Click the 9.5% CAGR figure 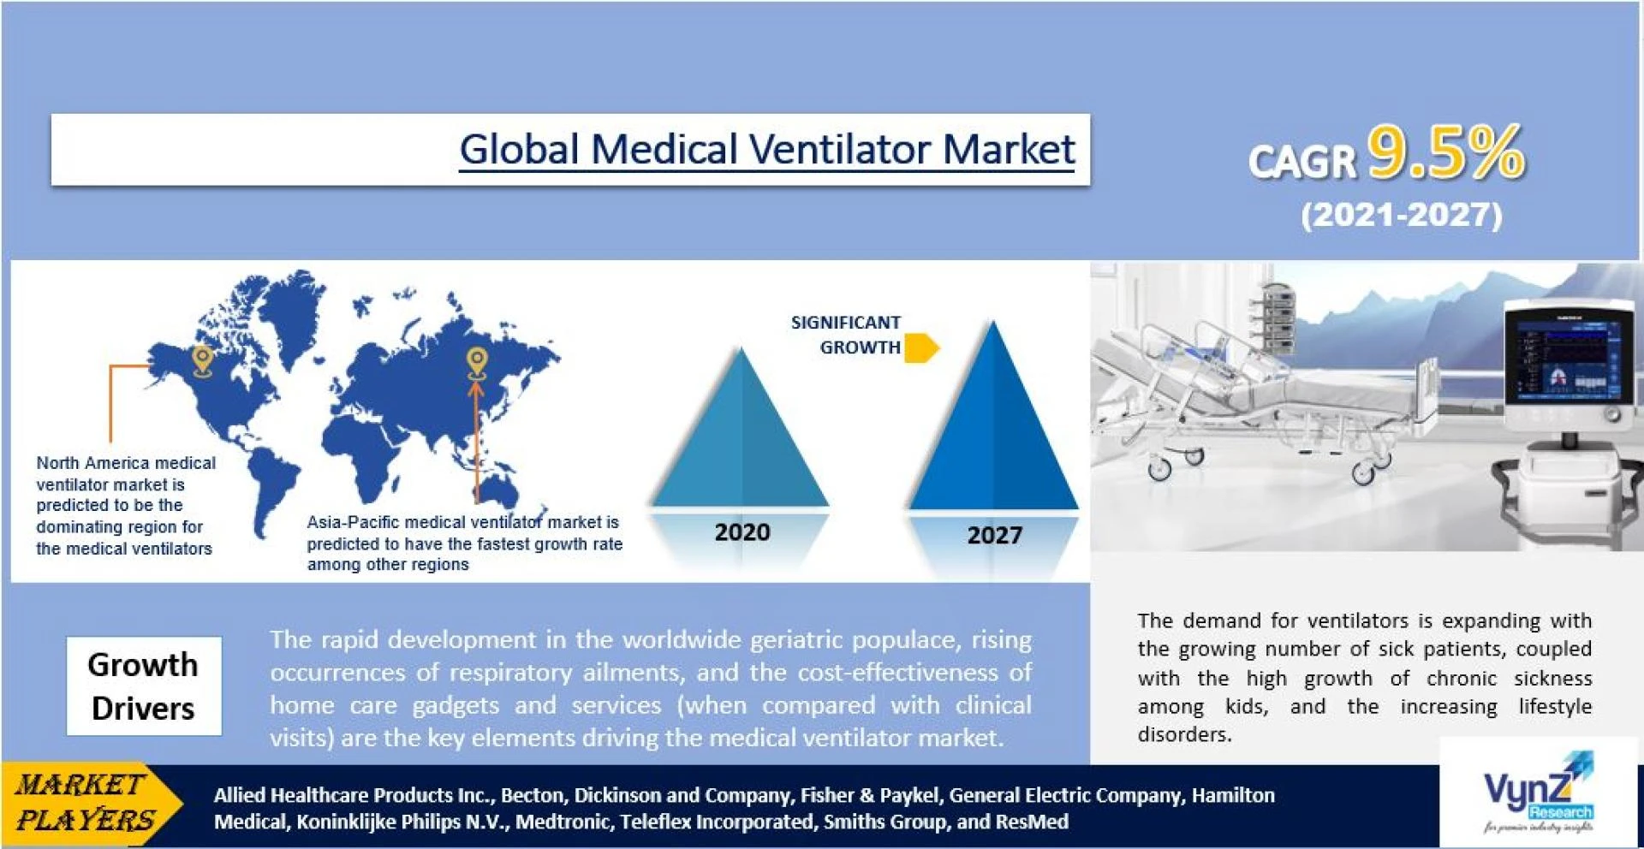(x=1446, y=152)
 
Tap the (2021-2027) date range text (x=1402, y=214)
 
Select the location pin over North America (x=202, y=361)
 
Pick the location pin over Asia (x=477, y=363)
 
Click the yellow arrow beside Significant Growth (x=922, y=348)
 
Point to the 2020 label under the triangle (x=742, y=532)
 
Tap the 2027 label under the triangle (x=994, y=536)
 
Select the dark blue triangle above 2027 (x=993, y=428)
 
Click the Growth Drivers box (x=144, y=686)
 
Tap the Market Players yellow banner (x=91, y=803)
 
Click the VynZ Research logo (x=1538, y=793)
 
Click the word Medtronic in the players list (x=563, y=822)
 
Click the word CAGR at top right (x=1302, y=161)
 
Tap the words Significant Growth (x=846, y=335)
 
